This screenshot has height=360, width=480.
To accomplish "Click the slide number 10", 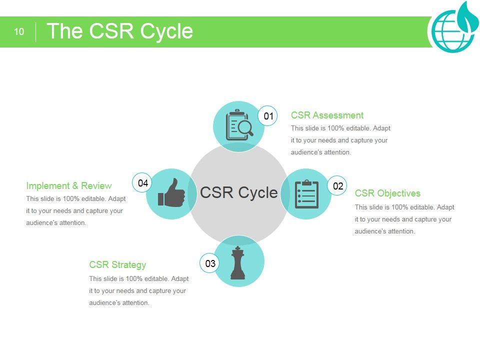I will tap(18, 32).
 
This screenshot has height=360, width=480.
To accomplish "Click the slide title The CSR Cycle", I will tap(119, 31).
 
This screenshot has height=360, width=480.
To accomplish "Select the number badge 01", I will tap(268, 116).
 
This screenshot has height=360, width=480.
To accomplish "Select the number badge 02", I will tap(338, 186).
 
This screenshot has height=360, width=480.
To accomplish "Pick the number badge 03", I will tap(210, 263).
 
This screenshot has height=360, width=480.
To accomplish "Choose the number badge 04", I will tap(143, 183).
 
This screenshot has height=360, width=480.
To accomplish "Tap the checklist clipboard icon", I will tap(306, 194).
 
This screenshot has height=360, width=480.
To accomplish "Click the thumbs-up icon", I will tap(171, 193).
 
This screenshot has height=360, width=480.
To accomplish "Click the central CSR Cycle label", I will tap(238, 192).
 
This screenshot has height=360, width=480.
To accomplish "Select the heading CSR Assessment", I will tap(327, 115).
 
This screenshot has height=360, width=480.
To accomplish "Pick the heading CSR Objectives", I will tap(387, 193).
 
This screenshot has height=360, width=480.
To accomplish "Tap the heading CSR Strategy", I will tap(117, 265).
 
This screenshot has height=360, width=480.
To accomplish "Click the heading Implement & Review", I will tap(69, 186).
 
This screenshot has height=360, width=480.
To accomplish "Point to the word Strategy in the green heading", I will tap(128, 265).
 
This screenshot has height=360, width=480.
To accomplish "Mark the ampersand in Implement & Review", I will tap(68, 186).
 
